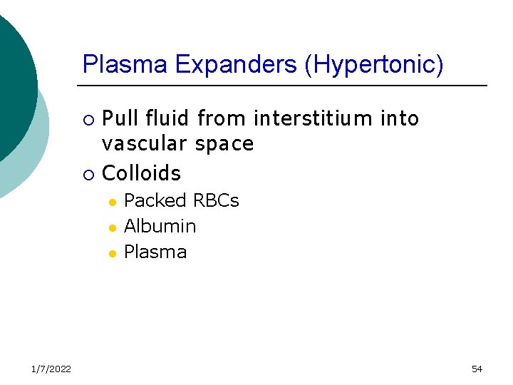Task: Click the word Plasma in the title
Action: point(125,65)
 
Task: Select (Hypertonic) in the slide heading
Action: point(374,66)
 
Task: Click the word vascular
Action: point(142,144)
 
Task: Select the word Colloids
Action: point(142,173)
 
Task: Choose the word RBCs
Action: point(215,201)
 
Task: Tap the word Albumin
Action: point(160,227)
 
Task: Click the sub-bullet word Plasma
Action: point(155,252)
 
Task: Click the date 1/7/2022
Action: point(51,369)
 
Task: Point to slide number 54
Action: point(477,369)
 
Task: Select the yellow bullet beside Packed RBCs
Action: point(111,202)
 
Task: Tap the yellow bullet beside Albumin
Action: point(111,228)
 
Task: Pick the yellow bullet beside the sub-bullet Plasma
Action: point(111,254)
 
